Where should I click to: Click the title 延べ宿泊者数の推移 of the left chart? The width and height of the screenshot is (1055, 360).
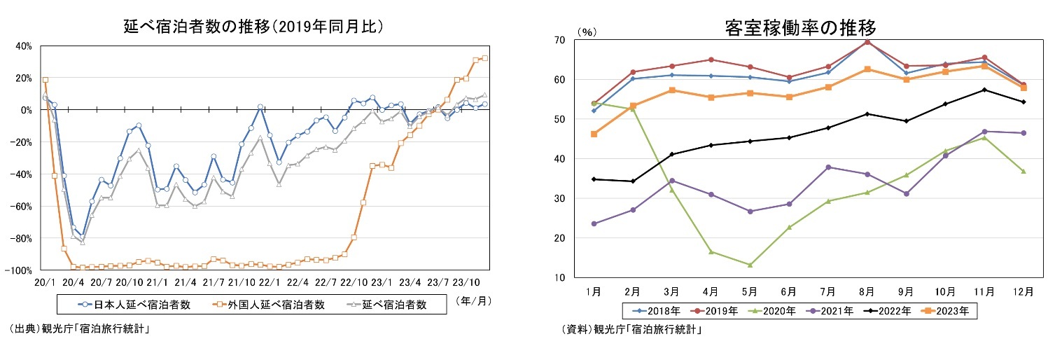[253, 27]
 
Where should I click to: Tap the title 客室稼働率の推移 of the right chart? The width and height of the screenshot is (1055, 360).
[800, 29]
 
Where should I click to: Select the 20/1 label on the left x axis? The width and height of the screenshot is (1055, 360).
[43, 282]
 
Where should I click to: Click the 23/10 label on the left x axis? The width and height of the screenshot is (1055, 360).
[463, 282]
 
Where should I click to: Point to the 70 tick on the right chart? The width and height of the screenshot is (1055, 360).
[561, 40]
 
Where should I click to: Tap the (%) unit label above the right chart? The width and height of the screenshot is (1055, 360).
[587, 32]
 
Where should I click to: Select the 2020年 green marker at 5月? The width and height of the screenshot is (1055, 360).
[750, 265]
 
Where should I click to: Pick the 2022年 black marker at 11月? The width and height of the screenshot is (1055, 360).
[984, 90]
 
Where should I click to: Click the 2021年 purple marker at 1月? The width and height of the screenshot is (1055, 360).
[594, 223]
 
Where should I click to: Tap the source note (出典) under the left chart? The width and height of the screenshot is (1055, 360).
[80, 328]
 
